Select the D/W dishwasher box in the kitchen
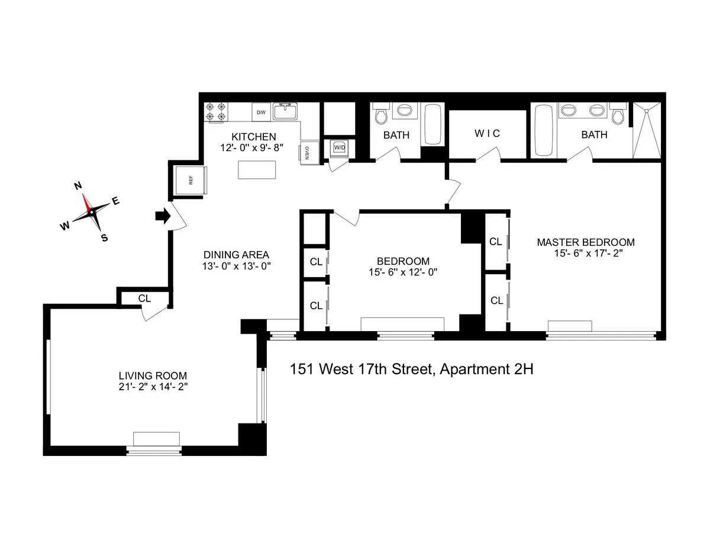point(261,112)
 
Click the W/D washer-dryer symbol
point(339,147)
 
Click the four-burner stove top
point(215,113)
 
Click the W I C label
point(487,134)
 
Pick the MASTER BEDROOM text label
point(585,242)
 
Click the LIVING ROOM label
point(153,375)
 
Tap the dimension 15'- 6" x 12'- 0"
point(403,272)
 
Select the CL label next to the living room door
point(144,298)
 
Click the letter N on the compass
point(77,186)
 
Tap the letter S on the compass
point(104,238)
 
